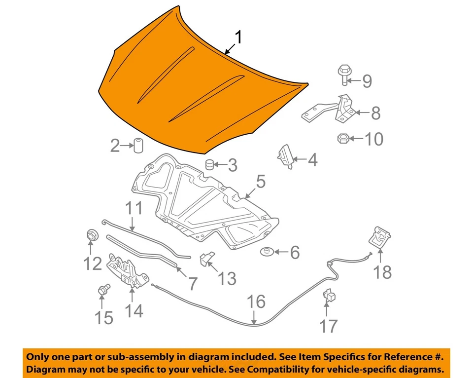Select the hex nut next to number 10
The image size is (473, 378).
coord(342,138)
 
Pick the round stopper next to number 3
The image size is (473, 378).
coord(211,164)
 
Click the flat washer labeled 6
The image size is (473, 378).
coord(267,252)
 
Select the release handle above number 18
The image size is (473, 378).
coord(380,237)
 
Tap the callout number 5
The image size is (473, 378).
coord(260,182)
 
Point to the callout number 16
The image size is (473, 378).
coord(256,302)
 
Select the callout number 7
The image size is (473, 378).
coord(192,283)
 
